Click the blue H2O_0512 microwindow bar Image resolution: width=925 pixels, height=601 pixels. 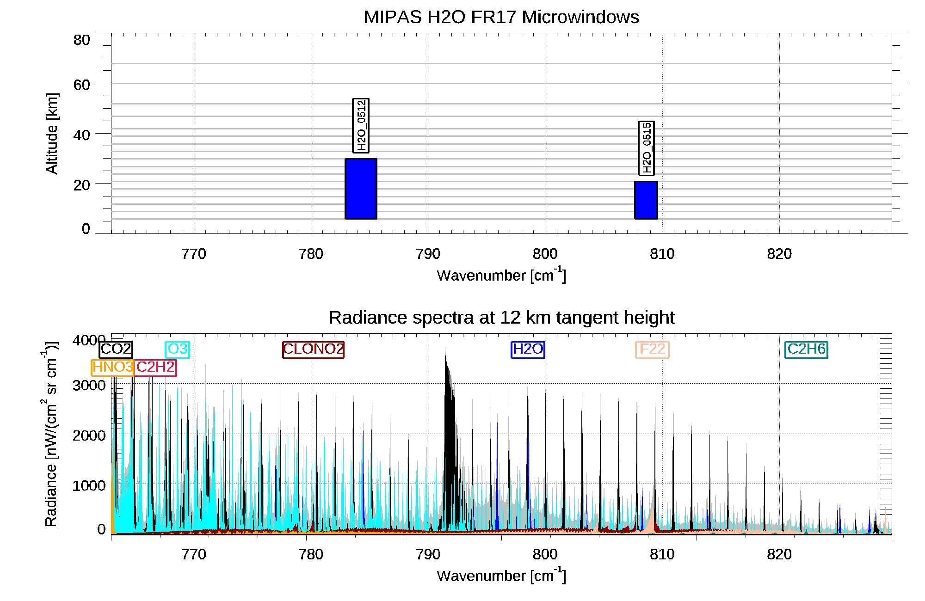click(361, 189)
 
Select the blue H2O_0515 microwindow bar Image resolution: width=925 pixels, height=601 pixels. click(646, 200)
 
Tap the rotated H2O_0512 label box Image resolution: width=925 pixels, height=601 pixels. click(361, 125)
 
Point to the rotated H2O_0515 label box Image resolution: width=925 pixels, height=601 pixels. click(646, 148)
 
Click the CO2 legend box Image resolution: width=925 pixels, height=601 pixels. click(116, 349)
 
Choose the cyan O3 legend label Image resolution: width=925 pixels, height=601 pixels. click(178, 349)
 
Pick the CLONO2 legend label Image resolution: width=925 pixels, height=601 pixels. click(313, 349)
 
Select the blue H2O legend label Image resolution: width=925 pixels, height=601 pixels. click(528, 349)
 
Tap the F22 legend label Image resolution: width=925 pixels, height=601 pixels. click(652, 349)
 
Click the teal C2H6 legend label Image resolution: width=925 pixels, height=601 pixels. click(806, 349)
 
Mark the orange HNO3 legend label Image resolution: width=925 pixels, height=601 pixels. click(113, 368)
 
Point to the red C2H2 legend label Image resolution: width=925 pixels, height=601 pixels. click(155, 368)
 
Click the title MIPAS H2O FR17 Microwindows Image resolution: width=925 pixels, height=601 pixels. click(501, 17)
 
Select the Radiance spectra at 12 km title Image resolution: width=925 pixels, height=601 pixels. click(501, 318)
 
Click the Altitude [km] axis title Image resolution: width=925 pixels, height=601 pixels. click(52, 133)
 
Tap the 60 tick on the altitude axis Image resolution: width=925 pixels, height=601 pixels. click(81, 85)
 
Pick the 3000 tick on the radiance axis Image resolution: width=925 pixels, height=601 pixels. click(89, 385)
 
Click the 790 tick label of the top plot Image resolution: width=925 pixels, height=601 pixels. click(428, 254)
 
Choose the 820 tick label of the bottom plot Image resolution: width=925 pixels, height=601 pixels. click(779, 554)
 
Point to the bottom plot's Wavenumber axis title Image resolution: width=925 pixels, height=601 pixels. click(501, 576)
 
